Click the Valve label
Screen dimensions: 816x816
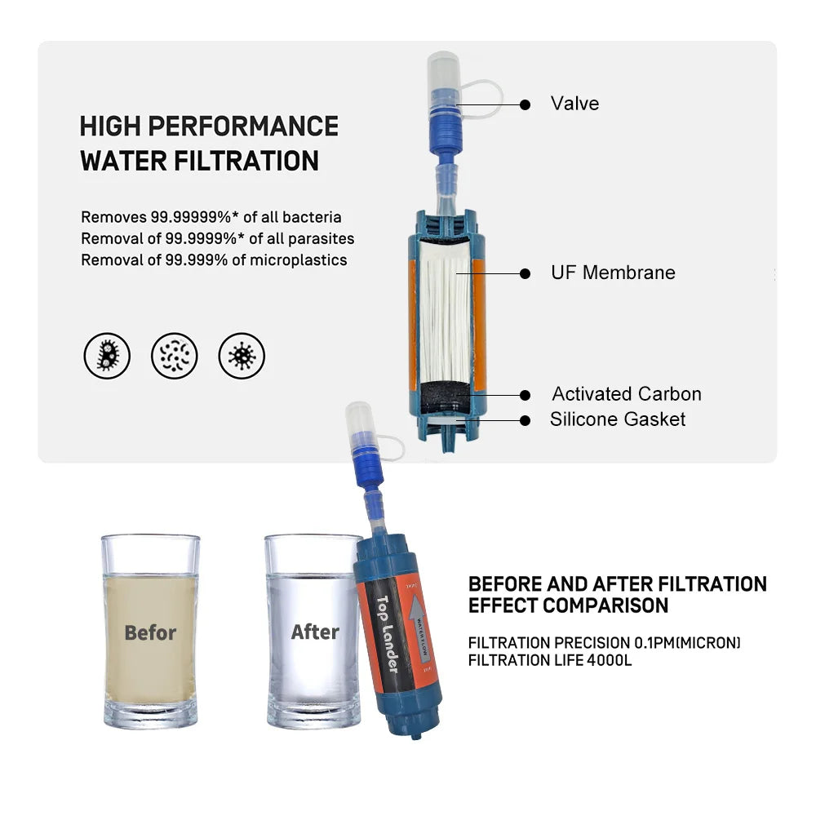click(x=574, y=104)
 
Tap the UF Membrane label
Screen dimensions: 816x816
click(x=613, y=273)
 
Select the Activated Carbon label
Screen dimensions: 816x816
click(x=626, y=394)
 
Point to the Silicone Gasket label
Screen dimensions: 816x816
click(x=618, y=419)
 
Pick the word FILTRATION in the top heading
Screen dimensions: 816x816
click(x=246, y=161)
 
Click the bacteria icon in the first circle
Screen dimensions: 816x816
click(x=107, y=357)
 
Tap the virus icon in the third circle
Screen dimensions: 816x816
click(x=242, y=357)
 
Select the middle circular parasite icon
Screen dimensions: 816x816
click(x=175, y=357)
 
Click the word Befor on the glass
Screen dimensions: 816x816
click(x=150, y=632)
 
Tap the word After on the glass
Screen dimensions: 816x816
click(x=315, y=632)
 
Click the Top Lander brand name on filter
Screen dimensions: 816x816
click(x=386, y=634)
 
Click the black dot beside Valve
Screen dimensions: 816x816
click(x=525, y=104)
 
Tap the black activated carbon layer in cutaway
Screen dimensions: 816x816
click(x=446, y=397)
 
